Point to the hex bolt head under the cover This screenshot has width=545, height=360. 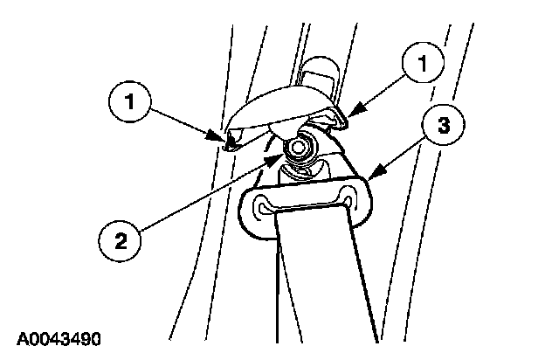pos(300,150)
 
